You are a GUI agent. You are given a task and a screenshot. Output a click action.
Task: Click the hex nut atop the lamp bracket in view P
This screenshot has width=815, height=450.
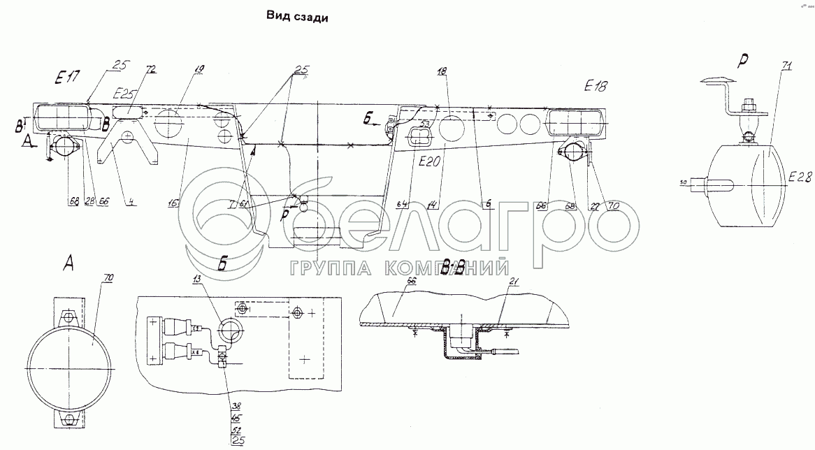[x=747, y=106]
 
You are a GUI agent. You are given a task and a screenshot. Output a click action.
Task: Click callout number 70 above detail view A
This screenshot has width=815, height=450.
[x=108, y=277]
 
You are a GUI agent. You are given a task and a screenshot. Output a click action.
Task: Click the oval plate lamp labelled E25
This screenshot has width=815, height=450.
[x=127, y=112]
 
